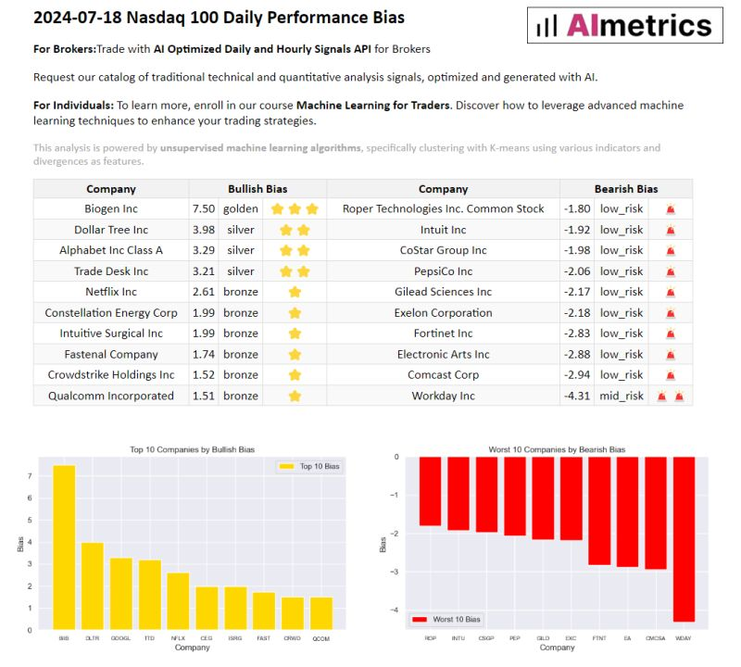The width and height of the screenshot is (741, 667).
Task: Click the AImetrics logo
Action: tap(625, 25)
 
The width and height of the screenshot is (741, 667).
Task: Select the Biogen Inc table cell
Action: tap(110, 208)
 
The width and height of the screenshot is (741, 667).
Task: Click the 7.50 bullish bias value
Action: tap(203, 208)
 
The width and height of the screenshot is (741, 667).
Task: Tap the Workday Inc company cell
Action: tap(443, 396)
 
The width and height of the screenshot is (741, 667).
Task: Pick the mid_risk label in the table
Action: tap(621, 396)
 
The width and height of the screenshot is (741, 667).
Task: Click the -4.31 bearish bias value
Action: tap(576, 396)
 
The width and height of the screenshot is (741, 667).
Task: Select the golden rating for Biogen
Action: tap(240, 208)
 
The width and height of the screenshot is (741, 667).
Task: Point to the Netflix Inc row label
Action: tap(110, 292)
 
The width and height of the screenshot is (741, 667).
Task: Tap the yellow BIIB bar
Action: tap(64, 547)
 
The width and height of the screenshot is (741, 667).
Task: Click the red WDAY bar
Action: tap(684, 537)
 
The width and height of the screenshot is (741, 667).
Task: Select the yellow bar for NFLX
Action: tap(178, 600)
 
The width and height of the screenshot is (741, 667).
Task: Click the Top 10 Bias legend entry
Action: tap(309, 467)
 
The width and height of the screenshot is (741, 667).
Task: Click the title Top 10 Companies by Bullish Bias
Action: tap(190, 449)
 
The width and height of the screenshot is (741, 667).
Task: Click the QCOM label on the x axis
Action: tap(320, 638)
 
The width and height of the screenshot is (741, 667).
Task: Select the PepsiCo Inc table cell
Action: tap(443, 271)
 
